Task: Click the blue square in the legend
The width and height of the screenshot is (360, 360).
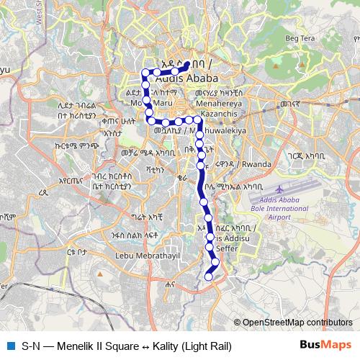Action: point(9,346)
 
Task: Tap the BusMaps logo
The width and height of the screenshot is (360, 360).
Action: point(325,346)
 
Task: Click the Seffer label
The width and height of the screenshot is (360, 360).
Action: point(228,248)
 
